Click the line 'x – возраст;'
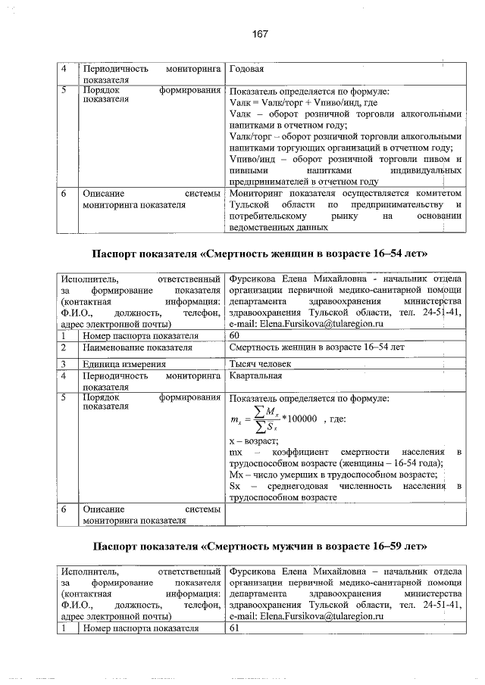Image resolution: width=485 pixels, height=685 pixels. click(253, 441)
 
